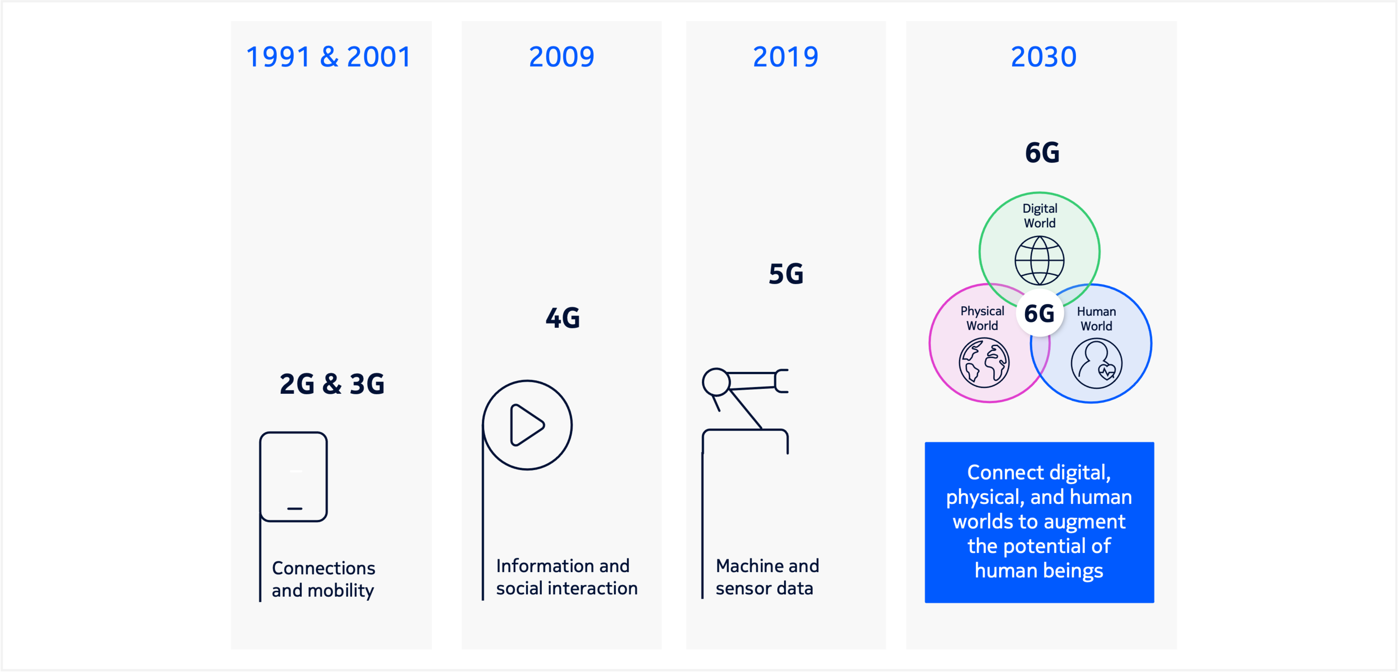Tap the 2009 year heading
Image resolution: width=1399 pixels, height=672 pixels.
(x=562, y=57)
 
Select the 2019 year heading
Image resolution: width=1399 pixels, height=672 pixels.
(x=785, y=57)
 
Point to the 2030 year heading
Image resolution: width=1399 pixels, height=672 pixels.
(x=1043, y=57)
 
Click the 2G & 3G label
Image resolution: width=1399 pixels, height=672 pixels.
(x=332, y=384)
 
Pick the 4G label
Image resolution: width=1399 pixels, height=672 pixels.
(x=563, y=318)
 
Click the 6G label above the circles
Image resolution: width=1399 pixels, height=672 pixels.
(x=1042, y=152)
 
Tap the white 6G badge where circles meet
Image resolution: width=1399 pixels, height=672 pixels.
(x=1040, y=313)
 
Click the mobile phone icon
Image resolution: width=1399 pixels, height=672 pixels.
(x=293, y=477)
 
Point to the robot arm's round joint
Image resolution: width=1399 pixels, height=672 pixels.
(x=716, y=382)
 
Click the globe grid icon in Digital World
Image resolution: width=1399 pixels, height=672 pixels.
(x=1040, y=261)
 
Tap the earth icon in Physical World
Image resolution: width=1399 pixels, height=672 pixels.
(x=984, y=363)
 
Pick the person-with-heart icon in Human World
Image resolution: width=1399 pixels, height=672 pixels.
(x=1096, y=363)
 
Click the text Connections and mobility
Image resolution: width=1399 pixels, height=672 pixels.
(x=323, y=579)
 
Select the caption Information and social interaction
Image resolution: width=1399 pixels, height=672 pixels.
(x=566, y=577)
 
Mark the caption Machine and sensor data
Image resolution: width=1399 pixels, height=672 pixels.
(x=767, y=577)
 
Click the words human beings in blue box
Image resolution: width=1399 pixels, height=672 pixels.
(x=1039, y=571)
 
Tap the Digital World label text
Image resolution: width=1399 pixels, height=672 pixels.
(x=1040, y=216)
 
